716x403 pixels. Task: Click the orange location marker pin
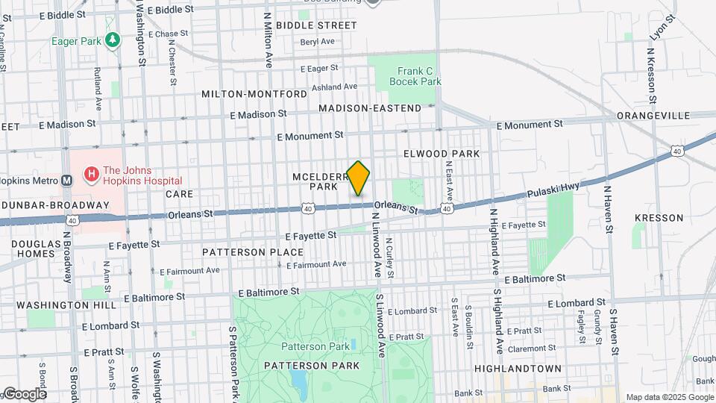pyautogui.click(x=359, y=178)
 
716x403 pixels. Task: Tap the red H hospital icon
pyautogui.click(x=91, y=174)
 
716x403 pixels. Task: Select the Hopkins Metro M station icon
pyautogui.click(x=67, y=180)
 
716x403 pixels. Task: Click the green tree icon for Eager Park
pyautogui.click(x=112, y=40)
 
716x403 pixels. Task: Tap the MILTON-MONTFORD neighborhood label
pyautogui.click(x=254, y=94)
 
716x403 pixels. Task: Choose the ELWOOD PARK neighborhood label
pyautogui.click(x=441, y=153)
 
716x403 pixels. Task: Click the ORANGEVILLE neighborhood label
pyautogui.click(x=653, y=116)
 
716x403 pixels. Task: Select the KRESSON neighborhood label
pyautogui.click(x=659, y=218)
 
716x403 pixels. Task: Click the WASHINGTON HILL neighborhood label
pyautogui.click(x=66, y=305)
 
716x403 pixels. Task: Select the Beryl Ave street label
pyautogui.click(x=318, y=41)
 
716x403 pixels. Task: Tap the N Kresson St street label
pyautogui.click(x=651, y=76)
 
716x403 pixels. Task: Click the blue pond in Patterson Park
pyautogui.click(x=300, y=384)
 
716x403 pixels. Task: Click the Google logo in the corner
pyautogui.click(x=24, y=393)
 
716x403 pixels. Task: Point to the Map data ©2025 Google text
pyautogui.click(x=669, y=396)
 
